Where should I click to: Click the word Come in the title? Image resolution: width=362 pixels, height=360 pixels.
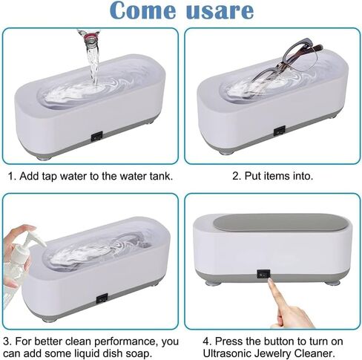pos(142,10)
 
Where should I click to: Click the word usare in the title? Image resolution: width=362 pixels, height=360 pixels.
pos(220,11)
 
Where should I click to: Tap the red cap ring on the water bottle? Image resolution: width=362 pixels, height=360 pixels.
pos(90,37)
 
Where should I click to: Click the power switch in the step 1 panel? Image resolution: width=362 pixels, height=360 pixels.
pos(96,137)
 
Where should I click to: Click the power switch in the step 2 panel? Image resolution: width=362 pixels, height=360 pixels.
pos(280,131)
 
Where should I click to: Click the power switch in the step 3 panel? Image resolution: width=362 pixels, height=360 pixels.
pos(102,298)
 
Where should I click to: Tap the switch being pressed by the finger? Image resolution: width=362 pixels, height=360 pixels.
pos(263,275)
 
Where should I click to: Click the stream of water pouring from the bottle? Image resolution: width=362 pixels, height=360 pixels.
pos(93,65)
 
